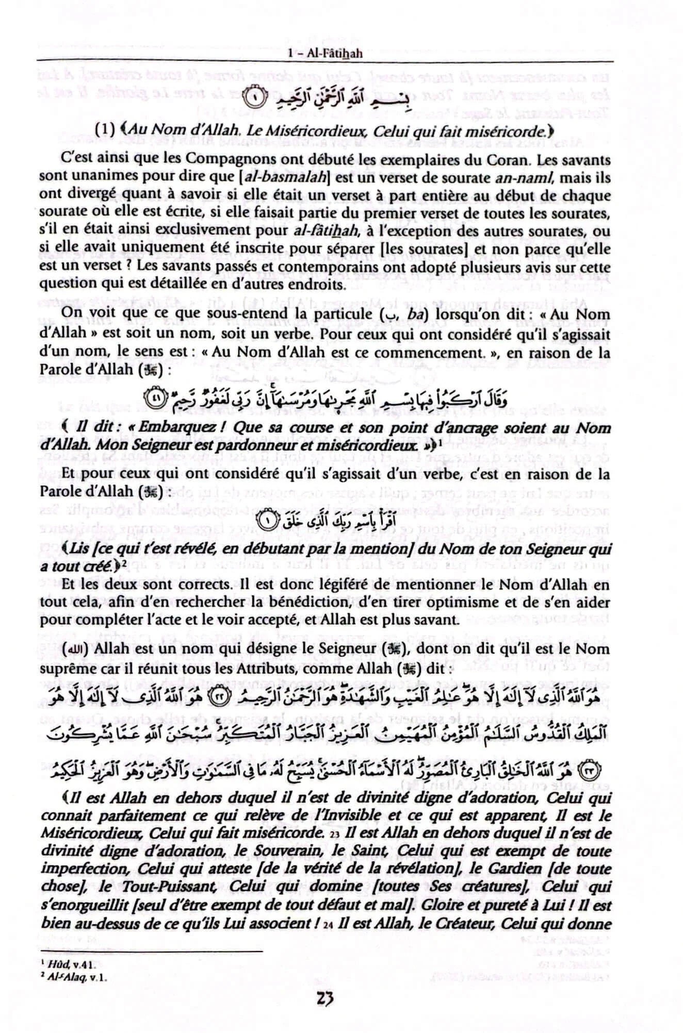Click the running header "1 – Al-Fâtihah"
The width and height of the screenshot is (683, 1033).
click(324, 53)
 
